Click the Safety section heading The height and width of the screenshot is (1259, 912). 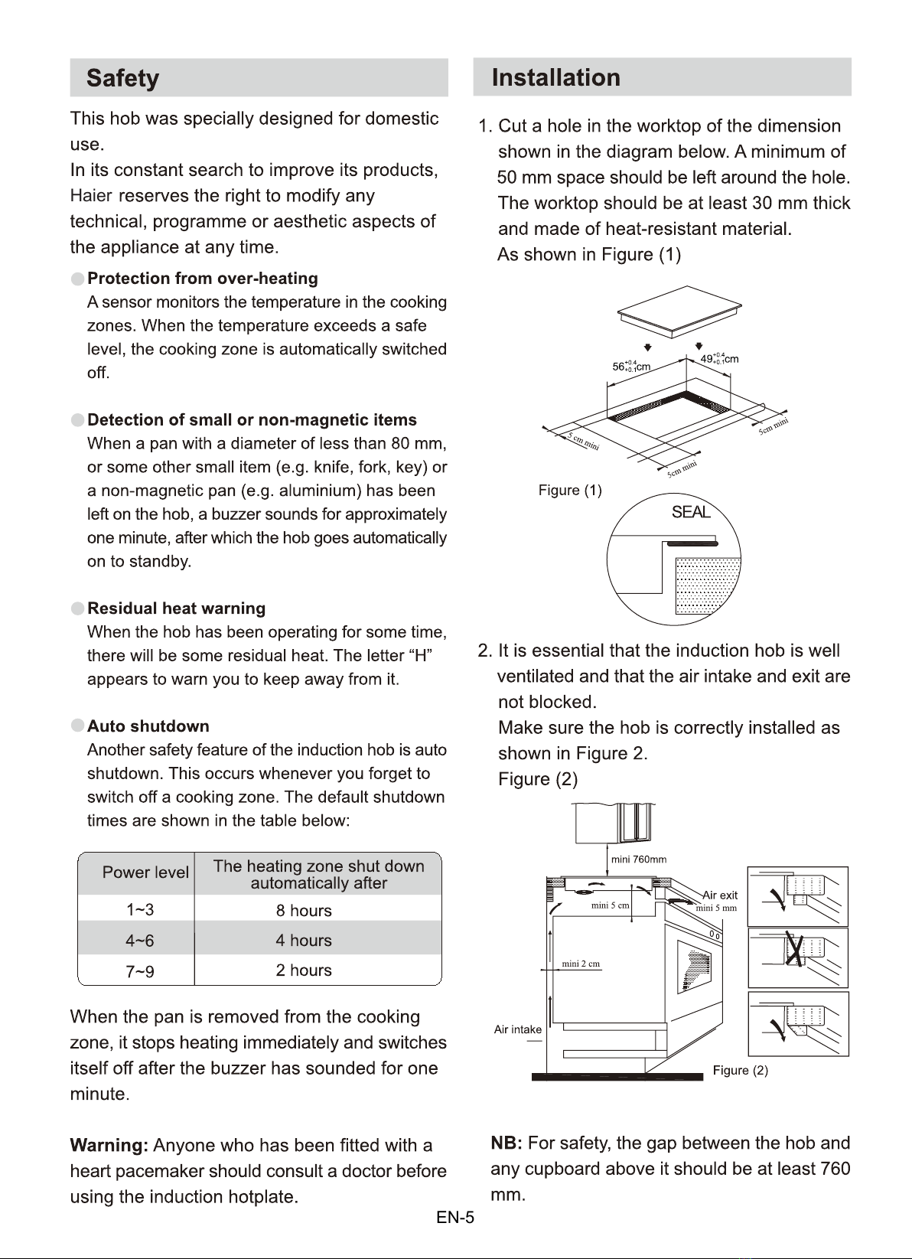[122, 78]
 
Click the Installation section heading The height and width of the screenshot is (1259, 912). [555, 77]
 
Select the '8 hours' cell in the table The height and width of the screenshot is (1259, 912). [304, 910]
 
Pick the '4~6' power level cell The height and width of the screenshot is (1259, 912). [139, 941]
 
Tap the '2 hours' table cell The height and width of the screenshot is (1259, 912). [304, 970]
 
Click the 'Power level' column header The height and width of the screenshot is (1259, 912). [145, 872]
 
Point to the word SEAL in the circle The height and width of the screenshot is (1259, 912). [691, 512]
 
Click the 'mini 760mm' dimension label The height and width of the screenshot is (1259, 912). [639, 859]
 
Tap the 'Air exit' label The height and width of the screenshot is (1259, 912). [720, 895]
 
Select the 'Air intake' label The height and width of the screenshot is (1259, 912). [517, 1029]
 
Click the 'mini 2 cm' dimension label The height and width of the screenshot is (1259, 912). [581, 964]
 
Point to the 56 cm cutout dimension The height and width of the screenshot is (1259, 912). [631, 367]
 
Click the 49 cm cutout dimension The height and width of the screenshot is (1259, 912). [719, 359]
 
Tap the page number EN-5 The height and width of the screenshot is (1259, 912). [455, 1218]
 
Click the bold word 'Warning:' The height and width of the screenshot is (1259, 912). [109, 1146]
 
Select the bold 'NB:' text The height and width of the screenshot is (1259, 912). [506, 1143]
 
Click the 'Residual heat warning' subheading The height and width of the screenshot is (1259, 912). [177, 608]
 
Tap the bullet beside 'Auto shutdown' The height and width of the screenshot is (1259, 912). [77, 726]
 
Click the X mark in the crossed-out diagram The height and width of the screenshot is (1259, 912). [794, 948]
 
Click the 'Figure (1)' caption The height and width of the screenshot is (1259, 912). [570, 490]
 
